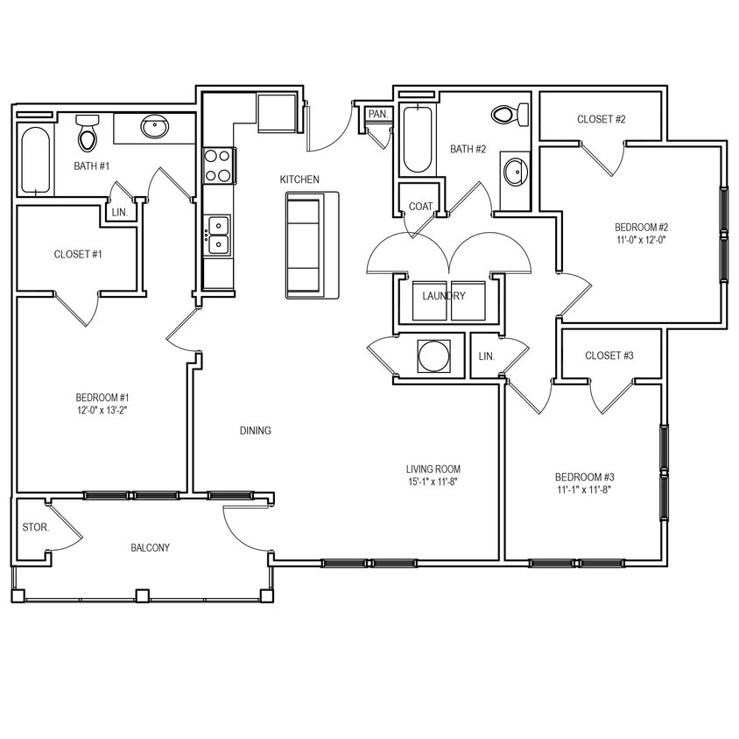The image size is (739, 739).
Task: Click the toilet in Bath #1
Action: pos(88,134)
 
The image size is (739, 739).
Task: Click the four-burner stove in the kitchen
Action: pos(218,165)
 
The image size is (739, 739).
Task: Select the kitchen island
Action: pos(305,245)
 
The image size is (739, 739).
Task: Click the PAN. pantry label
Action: pos(378,114)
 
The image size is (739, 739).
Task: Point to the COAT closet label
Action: pos(421,206)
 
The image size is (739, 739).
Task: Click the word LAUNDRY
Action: pos(444,296)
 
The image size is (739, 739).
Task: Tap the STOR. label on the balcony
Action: pos(35,528)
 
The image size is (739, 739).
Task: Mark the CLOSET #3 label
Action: pos(609,355)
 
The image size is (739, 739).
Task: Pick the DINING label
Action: pos(256,431)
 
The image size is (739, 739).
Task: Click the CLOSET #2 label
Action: pos(602,119)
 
